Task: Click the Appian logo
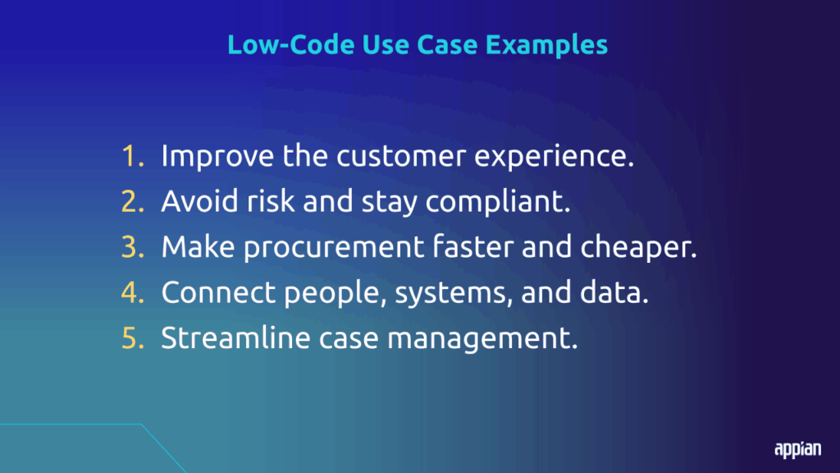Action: [797, 449]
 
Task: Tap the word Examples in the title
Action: [546, 45]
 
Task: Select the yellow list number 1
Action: [133, 155]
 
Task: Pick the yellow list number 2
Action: [133, 201]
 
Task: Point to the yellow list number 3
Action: [133, 246]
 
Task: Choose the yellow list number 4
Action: [133, 292]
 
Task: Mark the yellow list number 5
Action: [133, 338]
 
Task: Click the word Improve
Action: [217, 157]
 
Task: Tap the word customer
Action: [401, 155]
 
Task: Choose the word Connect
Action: [218, 292]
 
